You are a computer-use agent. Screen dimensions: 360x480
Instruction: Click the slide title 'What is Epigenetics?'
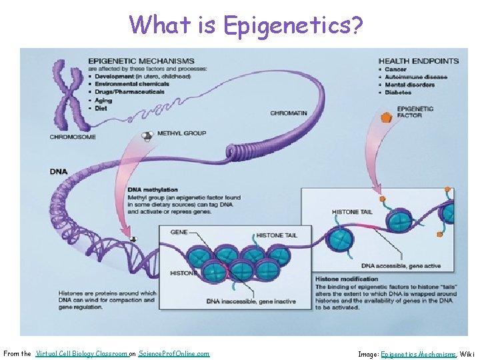click(247, 25)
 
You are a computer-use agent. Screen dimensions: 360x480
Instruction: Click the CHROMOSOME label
click(73, 137)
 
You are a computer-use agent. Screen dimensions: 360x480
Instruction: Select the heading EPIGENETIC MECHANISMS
click(141, 61)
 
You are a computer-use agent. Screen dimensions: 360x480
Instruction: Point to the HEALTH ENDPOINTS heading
click(418, 61)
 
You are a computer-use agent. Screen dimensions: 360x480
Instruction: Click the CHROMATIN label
click(289, 113)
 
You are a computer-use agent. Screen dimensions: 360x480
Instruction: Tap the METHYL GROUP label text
click(181, 133)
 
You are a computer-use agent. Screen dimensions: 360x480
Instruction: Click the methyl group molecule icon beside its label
click(147, 136)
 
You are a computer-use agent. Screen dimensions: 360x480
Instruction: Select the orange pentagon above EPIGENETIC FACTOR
click(385, 117)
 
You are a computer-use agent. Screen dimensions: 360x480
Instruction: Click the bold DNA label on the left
click(59, 171)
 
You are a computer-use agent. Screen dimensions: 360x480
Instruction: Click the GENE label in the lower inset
click(179, 232)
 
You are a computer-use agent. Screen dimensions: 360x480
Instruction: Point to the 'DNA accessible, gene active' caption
click(401, 266)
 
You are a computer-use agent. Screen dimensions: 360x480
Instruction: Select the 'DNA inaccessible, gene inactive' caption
click(251, 301)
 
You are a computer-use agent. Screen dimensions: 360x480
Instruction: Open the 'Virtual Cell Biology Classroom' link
click(81, 353)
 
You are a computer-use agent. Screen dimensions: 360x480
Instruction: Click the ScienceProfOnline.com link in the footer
click(173, 353)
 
